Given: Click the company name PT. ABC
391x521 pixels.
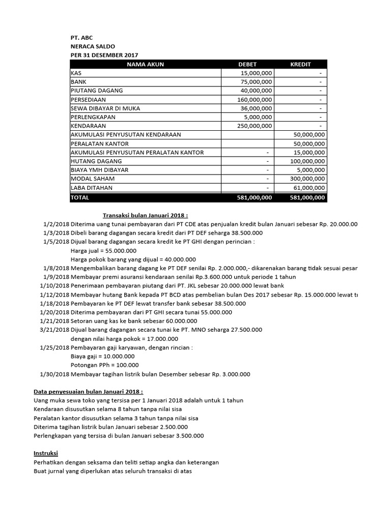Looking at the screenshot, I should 81,38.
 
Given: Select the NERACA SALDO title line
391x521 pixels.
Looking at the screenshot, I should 93,46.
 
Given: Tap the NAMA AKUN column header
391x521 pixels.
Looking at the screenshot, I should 145,64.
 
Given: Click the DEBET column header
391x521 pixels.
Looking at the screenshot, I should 247,64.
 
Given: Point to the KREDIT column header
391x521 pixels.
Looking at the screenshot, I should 300,64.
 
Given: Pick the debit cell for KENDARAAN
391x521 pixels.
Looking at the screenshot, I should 255,126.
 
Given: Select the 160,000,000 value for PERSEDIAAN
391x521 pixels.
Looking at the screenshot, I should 255,99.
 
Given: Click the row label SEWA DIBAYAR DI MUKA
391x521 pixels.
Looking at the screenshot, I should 105,108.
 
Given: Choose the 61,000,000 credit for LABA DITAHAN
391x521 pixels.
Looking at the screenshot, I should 309,188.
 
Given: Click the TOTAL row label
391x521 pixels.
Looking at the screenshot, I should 80,197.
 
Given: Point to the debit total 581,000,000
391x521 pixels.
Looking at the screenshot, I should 255,197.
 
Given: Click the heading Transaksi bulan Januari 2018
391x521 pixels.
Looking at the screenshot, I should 146,215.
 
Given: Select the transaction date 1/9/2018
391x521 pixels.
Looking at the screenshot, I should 56,277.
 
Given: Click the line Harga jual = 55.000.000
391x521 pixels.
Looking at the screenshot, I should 103,250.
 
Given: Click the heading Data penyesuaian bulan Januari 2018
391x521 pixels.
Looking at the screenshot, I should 88,392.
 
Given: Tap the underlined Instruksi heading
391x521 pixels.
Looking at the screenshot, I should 46,453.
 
